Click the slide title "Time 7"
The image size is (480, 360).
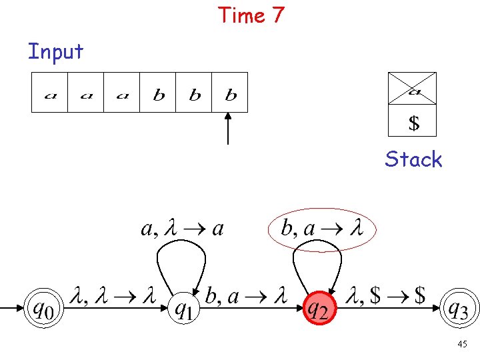(251, 15)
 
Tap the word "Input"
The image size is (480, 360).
(55, 51)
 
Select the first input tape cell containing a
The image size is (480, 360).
(50, 92)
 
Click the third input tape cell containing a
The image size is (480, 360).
(122, 92)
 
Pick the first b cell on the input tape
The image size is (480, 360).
(159, 92)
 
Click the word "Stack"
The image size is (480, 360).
(413, 159)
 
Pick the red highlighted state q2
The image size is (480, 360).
(319, 309)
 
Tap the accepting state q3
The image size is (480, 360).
(460, 309)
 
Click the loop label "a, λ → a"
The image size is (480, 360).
(182, 229)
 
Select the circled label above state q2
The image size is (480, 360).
(321, 229)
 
